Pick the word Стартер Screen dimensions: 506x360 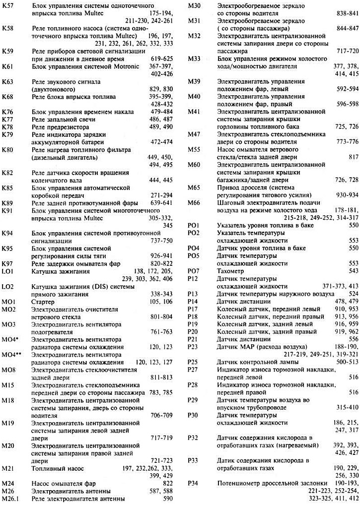coord(43,301)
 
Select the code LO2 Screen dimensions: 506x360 coord(8,286)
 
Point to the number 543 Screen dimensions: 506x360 coord(353,271)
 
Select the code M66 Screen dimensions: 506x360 coord(194,202)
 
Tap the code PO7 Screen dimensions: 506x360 coord(193,271)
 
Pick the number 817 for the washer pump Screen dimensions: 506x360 coord(353,157)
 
